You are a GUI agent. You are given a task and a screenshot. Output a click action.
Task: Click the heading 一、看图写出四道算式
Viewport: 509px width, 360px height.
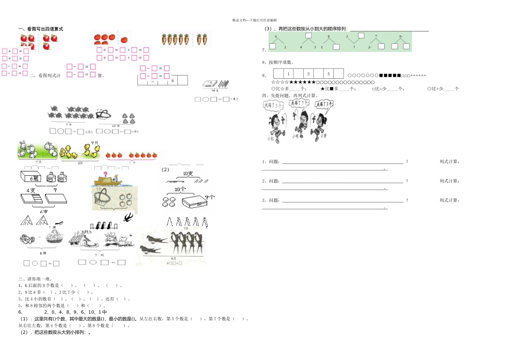click(41, 29)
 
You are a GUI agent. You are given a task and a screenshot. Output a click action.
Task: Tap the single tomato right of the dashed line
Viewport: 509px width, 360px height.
click(124, 39)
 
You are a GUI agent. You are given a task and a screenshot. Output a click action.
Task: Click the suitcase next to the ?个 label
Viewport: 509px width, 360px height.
click(192, 202)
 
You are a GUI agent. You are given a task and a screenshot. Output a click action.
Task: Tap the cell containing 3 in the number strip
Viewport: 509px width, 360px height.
click(308, 73)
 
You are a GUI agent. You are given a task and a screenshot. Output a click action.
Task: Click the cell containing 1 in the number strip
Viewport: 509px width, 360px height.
click(288, 73)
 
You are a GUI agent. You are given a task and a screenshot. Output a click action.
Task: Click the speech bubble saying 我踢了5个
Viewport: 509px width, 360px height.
click(274, 106)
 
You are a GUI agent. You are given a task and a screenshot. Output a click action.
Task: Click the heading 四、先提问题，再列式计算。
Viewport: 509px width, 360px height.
click(290, 95)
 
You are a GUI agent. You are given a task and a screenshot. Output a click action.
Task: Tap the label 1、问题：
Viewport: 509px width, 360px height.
click(271, 161)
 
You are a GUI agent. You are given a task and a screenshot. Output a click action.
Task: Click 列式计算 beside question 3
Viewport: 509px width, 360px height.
click(449, 200)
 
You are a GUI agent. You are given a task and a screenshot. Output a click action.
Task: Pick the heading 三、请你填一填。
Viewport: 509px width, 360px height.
click(36, 279)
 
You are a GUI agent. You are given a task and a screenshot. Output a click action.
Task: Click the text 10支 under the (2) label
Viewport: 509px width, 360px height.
click(188, 174)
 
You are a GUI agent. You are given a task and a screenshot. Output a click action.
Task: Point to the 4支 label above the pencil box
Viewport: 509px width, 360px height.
click(31, 190)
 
